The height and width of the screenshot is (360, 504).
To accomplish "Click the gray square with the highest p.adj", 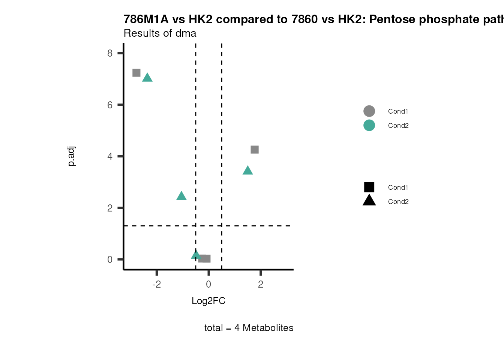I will coord(136,73).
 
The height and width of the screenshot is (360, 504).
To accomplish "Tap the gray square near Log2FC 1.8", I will coord(255,150).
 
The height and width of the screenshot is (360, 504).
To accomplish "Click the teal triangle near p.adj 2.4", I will coord(181,196).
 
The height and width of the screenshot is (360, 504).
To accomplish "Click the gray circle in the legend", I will coord(369,111).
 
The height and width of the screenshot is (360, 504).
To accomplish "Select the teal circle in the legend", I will coord(369,125).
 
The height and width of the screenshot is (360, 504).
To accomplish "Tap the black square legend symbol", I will coord(369,187).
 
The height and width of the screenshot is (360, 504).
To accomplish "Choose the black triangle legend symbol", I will coord(369,201).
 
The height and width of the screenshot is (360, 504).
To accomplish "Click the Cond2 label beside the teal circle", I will coord(398,126).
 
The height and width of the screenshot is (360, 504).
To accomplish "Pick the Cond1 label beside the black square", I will coord(398,187).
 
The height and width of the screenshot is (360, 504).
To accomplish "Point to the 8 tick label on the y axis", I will coord(110,53).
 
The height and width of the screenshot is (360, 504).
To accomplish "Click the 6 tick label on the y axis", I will coord(110,105).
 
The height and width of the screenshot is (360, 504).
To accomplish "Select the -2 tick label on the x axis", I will coord(156,284).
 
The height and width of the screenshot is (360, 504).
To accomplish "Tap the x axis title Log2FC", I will coord(208,301).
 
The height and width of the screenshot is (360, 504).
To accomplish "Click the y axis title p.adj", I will coord(72,156).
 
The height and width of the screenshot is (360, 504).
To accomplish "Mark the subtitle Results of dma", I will coord(160,33).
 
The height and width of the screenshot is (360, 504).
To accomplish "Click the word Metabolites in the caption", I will coord(268,328).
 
